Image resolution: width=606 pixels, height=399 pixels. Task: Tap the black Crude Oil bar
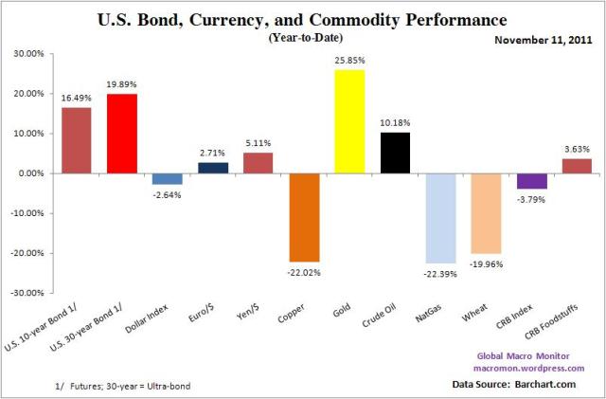coord(395,153)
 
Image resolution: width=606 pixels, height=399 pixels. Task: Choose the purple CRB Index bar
coord(531,181)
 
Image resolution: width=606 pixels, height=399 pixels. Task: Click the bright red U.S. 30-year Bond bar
coord(122,134)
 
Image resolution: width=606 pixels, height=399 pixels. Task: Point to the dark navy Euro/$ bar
coord(213,168)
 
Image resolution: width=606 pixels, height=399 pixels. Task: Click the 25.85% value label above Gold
coord(349,61)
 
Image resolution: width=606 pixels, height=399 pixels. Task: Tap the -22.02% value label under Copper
coord(304,272)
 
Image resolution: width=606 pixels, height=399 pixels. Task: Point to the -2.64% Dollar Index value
coord(168,194)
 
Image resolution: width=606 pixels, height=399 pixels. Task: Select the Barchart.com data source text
coord(557,386)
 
